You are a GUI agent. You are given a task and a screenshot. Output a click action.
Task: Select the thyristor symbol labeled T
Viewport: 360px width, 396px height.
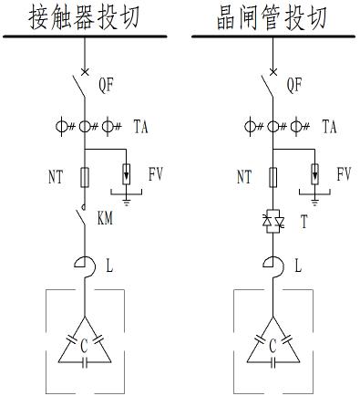[271, 220]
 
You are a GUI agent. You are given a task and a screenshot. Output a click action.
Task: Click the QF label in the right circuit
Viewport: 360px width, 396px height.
[295, 86]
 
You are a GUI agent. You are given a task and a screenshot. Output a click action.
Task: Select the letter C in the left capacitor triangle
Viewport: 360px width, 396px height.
[85, 345]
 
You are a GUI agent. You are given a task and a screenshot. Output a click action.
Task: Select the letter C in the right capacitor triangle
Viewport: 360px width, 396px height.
[271, 345]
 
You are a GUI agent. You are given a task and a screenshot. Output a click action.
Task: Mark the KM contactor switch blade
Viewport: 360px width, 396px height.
[81, 220]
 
